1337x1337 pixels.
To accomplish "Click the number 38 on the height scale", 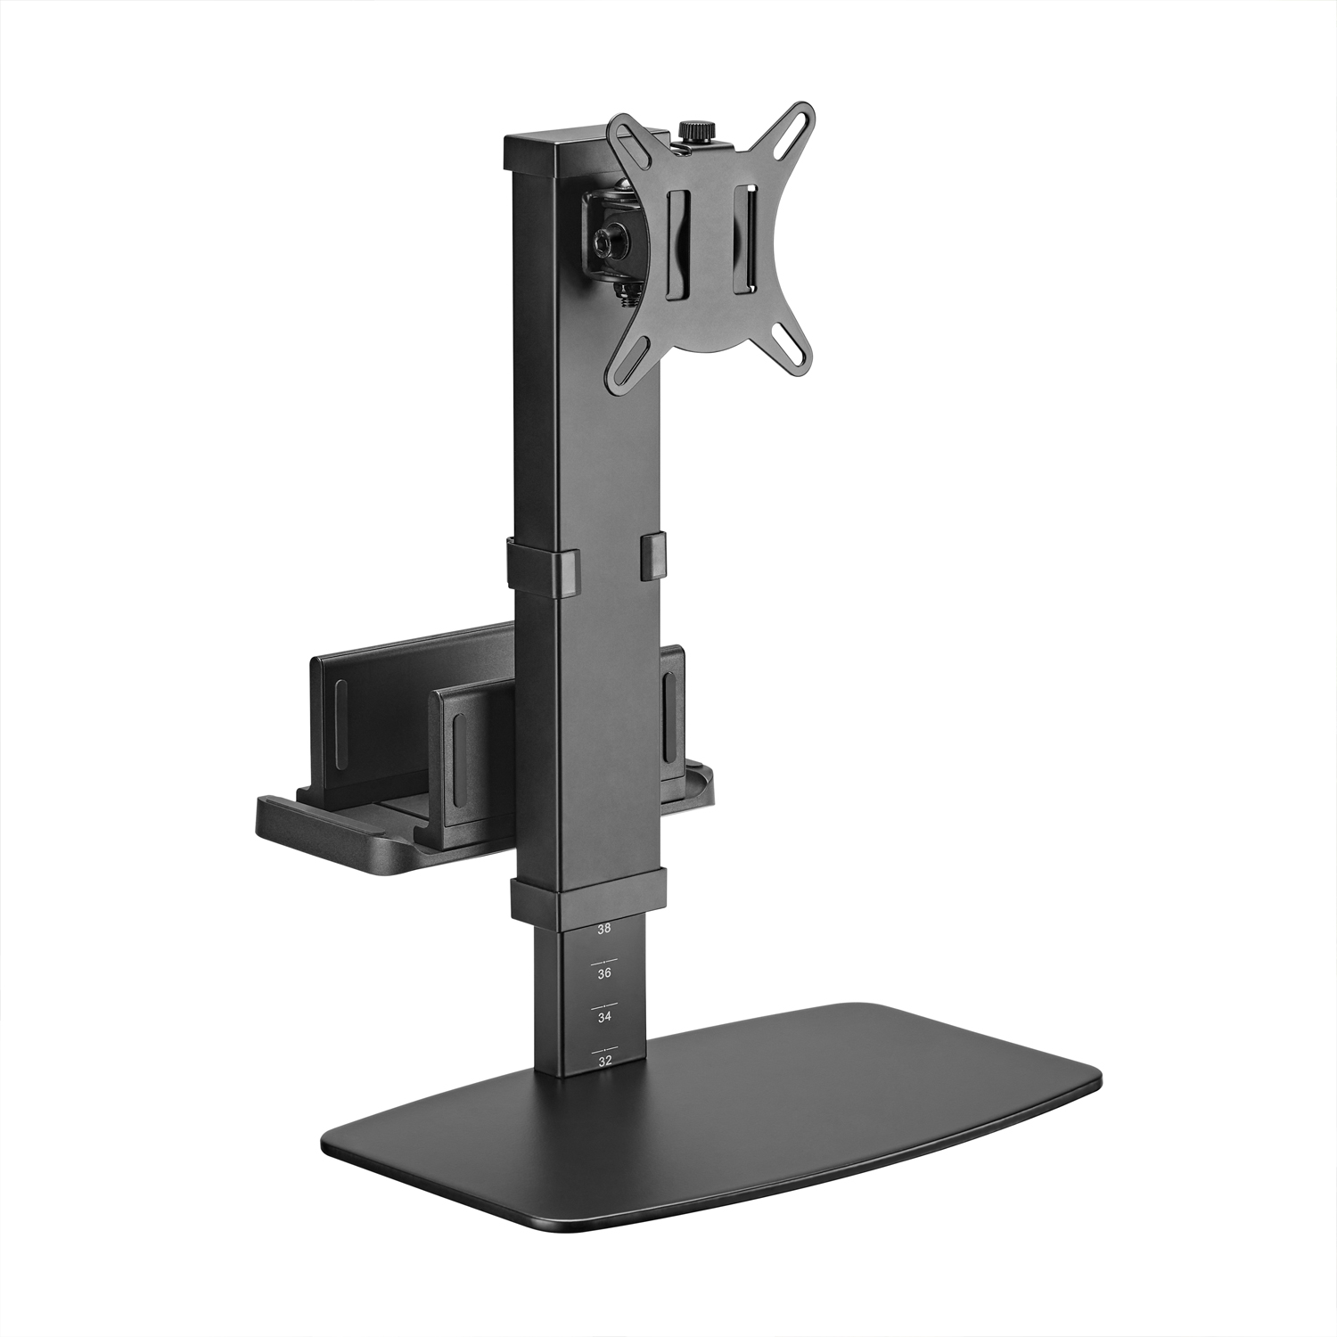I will pos(604,929).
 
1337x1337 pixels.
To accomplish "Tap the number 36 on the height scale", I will pos(604,974).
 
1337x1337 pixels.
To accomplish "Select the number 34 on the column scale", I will pos(604,1017).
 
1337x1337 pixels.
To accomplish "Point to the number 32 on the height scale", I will pos(605,1062).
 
